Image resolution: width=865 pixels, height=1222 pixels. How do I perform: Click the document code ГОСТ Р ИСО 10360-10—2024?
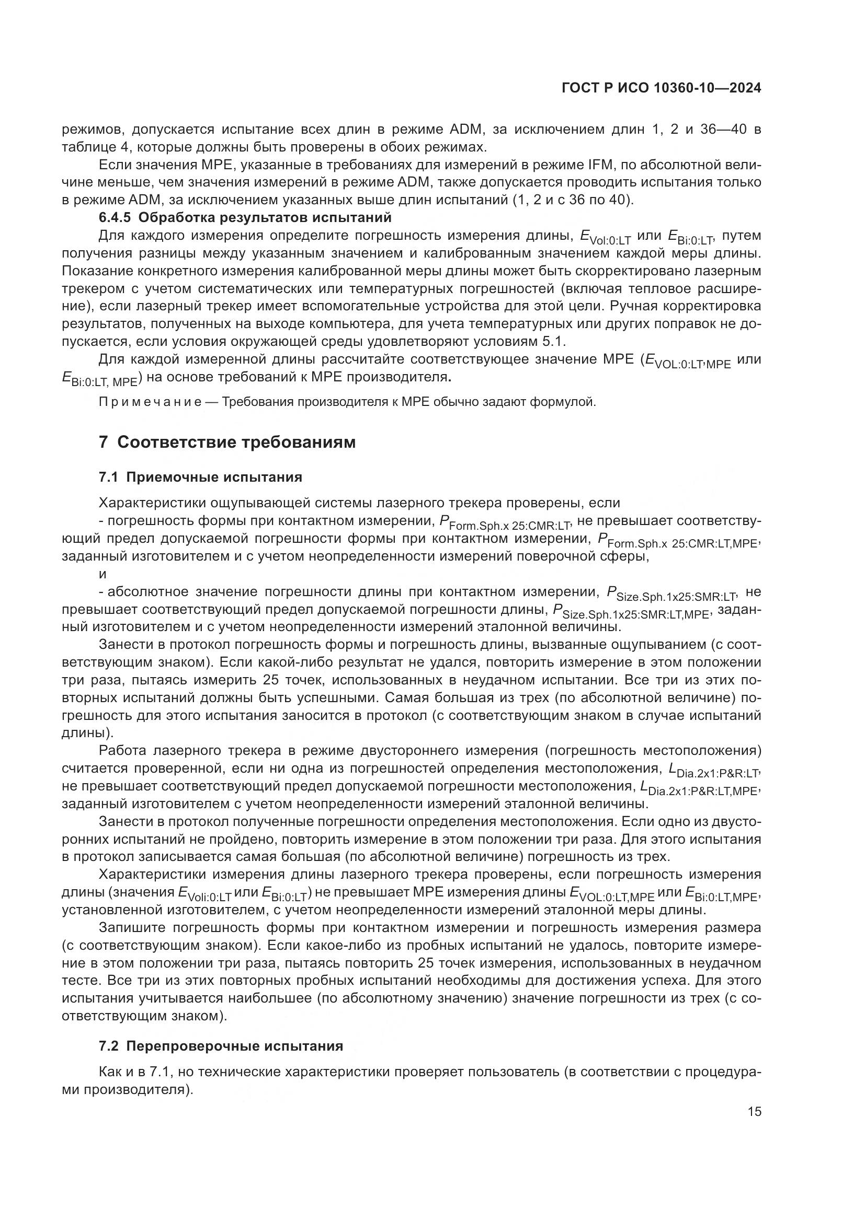pos(661,89)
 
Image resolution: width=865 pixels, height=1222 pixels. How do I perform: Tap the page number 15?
pos(754,1112)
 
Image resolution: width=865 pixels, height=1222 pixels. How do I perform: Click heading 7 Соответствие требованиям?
pos(227,443)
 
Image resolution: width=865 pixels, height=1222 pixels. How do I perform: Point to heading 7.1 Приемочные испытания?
pos(200,477)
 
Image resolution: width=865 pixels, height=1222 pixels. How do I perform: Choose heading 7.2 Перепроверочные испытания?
pos(221,1046)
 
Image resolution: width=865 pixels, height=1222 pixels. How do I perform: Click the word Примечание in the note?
pos(150,402)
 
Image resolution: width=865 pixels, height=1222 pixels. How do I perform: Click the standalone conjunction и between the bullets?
pos(103,574)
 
